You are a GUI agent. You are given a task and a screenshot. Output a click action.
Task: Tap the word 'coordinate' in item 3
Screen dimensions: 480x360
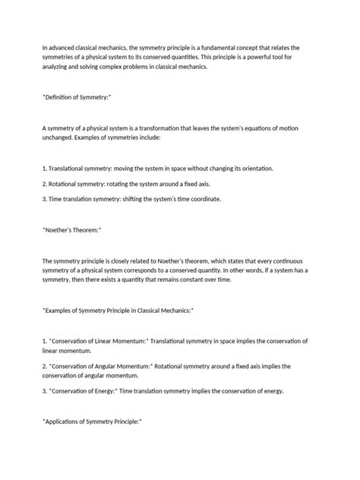[x=201, y=198]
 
